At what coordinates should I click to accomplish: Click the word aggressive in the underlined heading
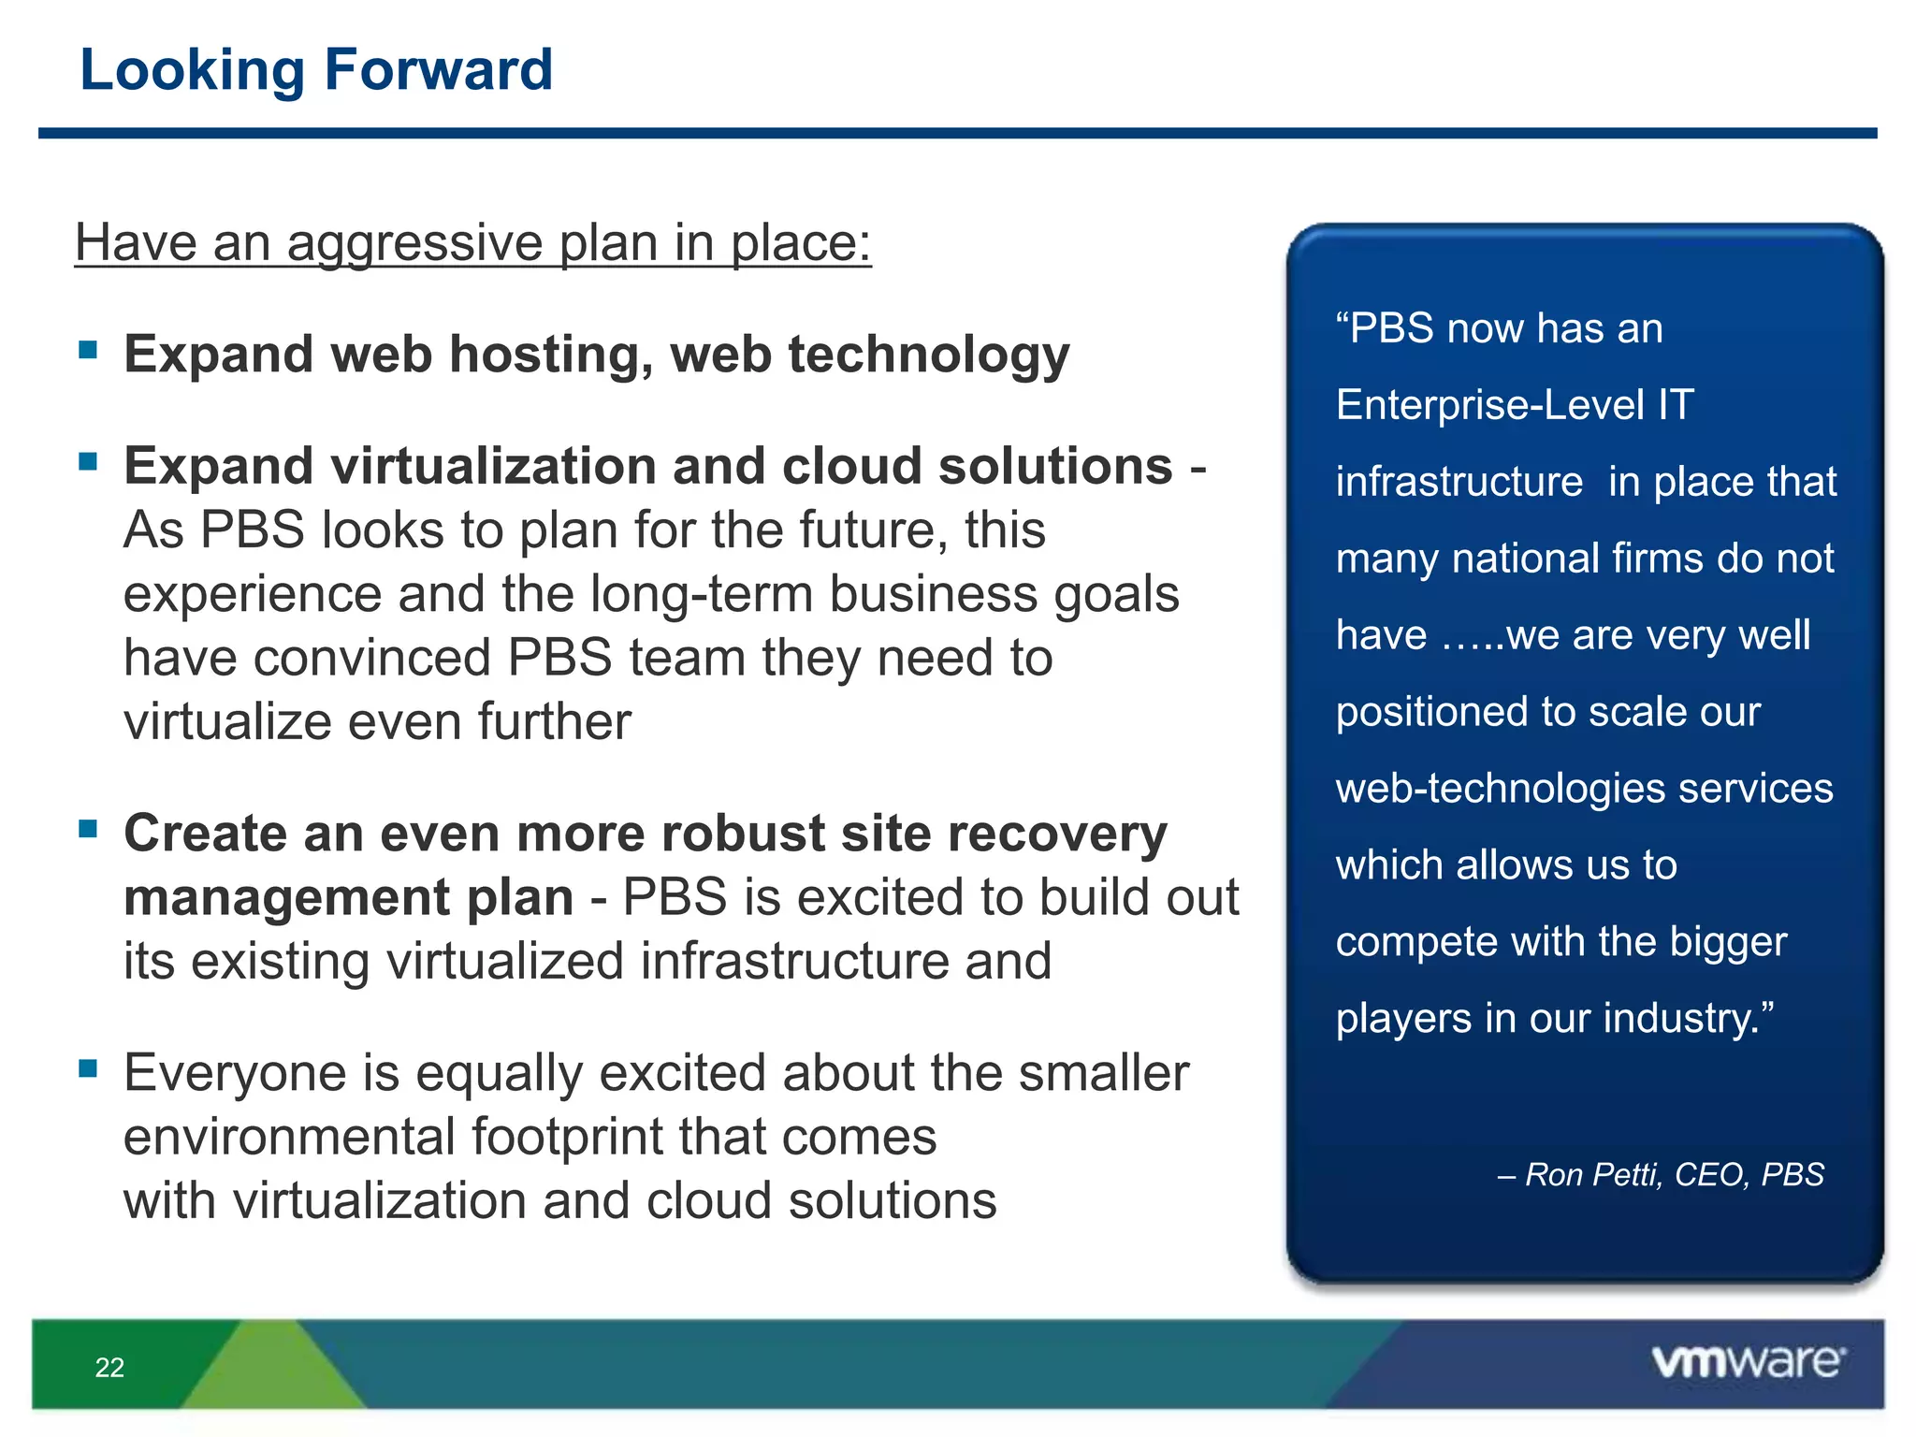(414, 243)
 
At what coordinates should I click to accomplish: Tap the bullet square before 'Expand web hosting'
(89, 350)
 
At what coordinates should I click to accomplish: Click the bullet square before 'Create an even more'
(89, 829)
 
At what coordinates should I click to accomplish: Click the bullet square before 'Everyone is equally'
(89, 1068)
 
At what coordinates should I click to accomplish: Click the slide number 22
(109, 1368)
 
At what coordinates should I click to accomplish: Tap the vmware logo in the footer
(1748, 1362)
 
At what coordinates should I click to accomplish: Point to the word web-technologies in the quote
(1500, 789)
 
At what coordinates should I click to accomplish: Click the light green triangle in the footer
(271, 1366)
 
